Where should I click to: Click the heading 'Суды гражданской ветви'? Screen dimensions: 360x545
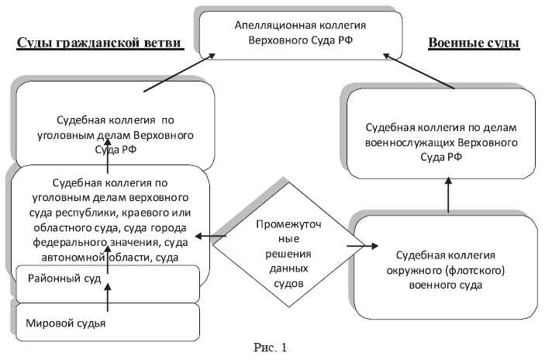pos(100,43)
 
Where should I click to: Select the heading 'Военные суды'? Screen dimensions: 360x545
pos(474,43)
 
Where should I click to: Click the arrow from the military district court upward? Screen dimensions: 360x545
pos(448,196)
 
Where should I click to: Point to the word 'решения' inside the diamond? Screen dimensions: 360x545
pos(282,253)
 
